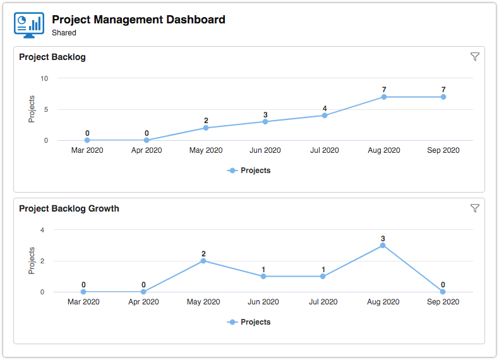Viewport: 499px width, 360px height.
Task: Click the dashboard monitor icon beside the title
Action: click(28, 25)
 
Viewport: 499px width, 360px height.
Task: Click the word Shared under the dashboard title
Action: click(64, 33)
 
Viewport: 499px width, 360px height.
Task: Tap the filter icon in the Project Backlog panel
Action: click(475, 57)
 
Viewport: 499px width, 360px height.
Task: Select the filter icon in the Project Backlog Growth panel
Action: click(475, 208)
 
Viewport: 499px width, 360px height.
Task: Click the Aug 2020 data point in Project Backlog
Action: click(384, 97)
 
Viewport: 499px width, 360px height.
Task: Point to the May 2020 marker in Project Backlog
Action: click(206, 128)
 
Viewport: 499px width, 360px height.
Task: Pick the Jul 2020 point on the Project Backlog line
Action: click(325, 115)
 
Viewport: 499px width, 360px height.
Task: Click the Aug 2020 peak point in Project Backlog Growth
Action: click(383, 245)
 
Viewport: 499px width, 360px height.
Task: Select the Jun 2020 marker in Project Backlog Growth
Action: click(263, 276)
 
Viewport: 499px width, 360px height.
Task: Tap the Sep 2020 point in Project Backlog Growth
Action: click(443, 292)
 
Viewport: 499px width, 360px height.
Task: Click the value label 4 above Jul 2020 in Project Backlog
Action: click(325, 108)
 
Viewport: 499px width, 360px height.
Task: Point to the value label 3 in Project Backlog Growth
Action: click(383, 238)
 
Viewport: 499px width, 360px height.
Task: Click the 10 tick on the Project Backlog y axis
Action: click(44, 78)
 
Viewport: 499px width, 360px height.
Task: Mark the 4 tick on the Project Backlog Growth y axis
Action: click(42, 230)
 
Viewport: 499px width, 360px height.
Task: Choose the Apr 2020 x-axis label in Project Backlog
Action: click(147, 150)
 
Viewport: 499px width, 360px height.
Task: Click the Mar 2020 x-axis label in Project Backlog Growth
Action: click(83, 302)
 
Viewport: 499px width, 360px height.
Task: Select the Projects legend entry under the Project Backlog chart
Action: click(249, 171)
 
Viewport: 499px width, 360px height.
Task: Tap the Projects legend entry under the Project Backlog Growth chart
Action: click(249, 322)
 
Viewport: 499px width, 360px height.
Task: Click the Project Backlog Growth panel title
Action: click(69, 208)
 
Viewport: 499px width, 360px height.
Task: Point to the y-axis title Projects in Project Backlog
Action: click(32, 109)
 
